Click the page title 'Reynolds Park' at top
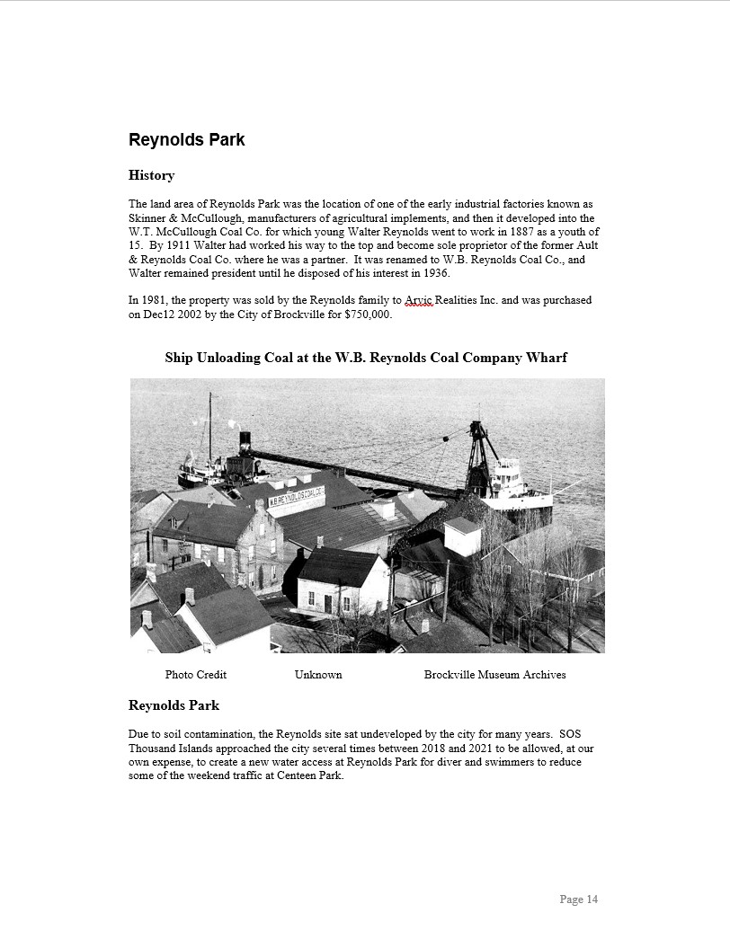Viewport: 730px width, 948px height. click(x=186, y=140)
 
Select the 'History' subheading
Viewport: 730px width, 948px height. click(x=151, y=175)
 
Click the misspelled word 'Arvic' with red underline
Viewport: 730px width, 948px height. click(x=419, y=300)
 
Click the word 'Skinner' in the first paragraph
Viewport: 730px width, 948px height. click(x=149, y=218)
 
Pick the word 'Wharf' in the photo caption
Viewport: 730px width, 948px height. click(x=547, y=358)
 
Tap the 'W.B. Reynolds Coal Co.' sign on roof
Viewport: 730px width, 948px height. click(x=296, y=494)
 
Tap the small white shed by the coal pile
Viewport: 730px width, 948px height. click(x=461, y=536)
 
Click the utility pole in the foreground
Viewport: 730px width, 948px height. click(x=446, y=589)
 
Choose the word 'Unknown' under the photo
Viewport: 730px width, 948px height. click(x=318, y=675)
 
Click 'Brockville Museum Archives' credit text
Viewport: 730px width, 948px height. click(x=494, y=675)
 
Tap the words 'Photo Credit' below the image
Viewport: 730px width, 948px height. click(x=195, y=675)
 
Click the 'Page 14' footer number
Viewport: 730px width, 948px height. click(x=578, y=899)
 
